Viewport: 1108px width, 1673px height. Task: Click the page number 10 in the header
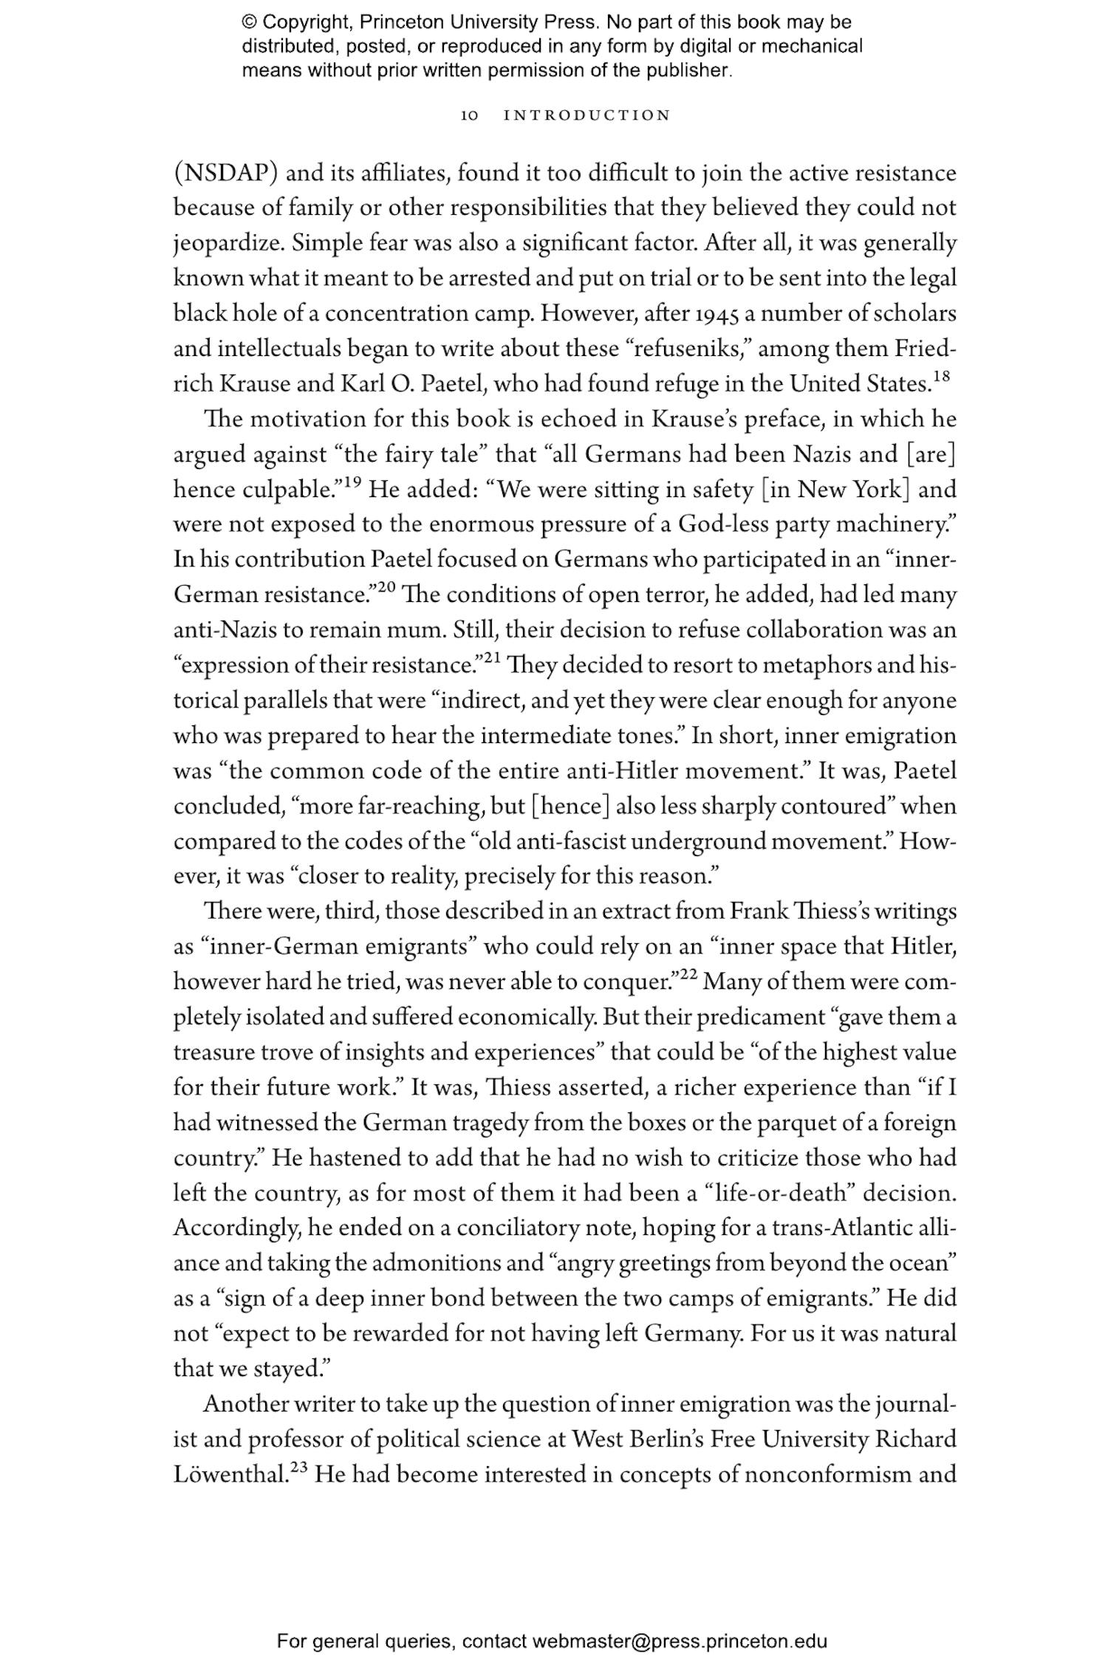[x=470, y=116]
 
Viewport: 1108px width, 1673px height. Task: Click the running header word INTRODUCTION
[x=587, y=116]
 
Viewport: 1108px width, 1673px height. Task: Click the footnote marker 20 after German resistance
[x=387, y=587]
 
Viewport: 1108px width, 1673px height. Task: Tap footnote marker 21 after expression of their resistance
[x=492, y=657]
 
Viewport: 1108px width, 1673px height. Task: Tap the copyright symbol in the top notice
[x=248, y=22]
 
